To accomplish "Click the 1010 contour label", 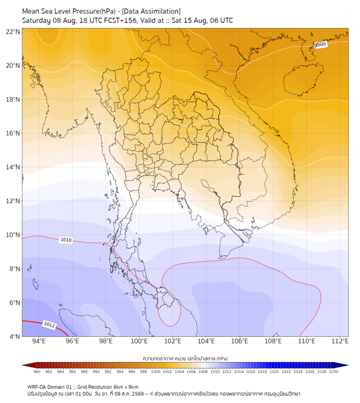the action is [x=66, y=240].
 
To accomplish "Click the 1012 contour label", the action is [x=49, y=325].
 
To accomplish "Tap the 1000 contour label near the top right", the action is [x=320, y=45].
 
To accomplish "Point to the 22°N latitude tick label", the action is [x=13, y=31].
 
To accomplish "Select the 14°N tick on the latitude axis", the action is [x=13, y=167].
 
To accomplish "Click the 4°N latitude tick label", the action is [x=14, y=336].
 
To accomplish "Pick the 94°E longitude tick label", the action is [x=39, y=341].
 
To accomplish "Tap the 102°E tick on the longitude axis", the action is [x=173, y=341].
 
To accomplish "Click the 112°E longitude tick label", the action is [x=340, y=341].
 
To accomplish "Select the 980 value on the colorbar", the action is [x=37, y=372].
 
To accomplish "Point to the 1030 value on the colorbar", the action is [x=333, y=372].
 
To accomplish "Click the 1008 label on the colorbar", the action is [x=203, y=372].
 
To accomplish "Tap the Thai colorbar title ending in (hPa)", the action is [x=185, y=358].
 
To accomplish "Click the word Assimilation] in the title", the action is [x=163, y=11].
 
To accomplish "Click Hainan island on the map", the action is [x=303, y=79].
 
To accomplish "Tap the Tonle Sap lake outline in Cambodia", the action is [x=209, y=186].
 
